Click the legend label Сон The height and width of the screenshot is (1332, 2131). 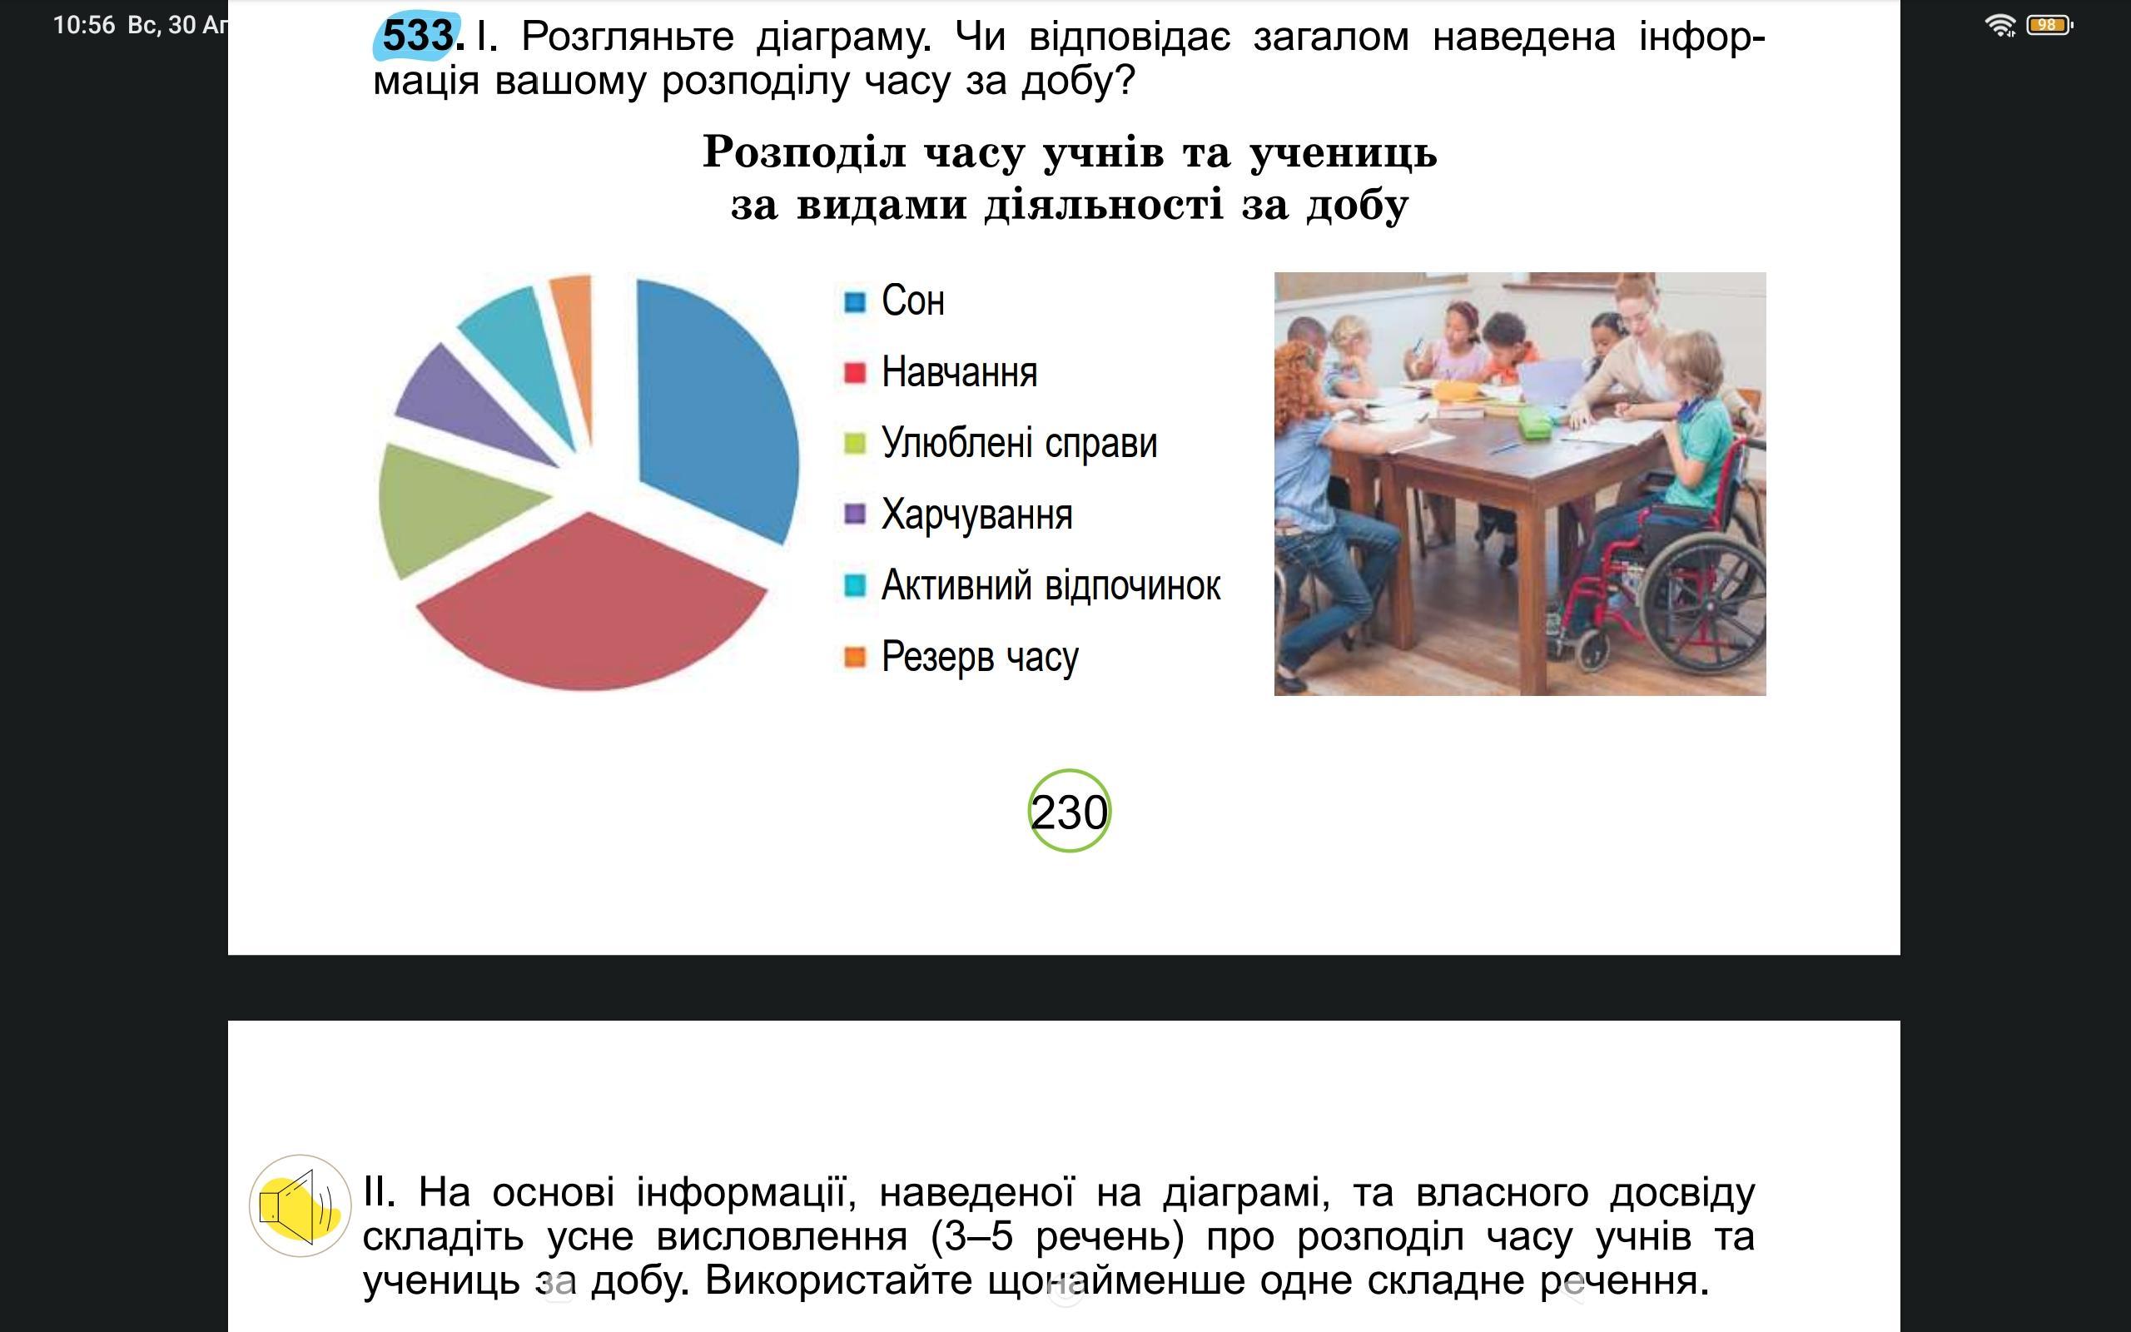pos(913,301)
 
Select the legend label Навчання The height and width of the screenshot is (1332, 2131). pos(959,373)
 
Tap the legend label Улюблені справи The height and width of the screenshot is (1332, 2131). pos(1019,443)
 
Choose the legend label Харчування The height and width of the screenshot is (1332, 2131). pos(976,514)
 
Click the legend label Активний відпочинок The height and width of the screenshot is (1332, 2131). pos(1051,585)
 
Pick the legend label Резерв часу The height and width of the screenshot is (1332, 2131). pos(979,657)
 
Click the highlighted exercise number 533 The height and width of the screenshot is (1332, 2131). pos(417,36)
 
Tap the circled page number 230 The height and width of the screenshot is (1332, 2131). pos(1069,811)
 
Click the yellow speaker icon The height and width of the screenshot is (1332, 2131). pos(301,1205)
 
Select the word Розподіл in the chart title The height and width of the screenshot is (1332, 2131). pos(804,152)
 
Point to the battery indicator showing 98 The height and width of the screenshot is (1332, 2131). pos(2049,25)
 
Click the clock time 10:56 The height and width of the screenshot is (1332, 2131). pos(83,25)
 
